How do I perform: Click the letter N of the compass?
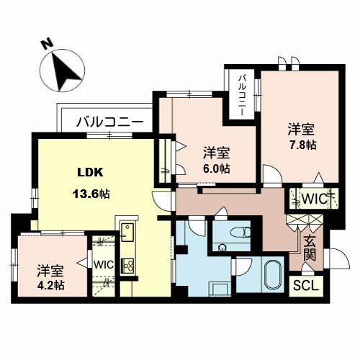(x=48, y=45)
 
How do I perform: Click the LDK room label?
(x=90, y=172)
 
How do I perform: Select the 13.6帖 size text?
(x=91, y=194)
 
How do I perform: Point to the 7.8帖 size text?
(x=303, y=145)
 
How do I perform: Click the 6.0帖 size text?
(x=217, y=168)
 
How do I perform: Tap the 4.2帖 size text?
(x=50, y=285)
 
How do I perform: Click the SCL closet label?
(x=306, y=286)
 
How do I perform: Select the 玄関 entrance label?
(x=309, y=248)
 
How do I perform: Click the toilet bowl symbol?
(x=240, y=232)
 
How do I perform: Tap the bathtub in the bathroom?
(x=274, y=274)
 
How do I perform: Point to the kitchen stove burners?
(x=127, y=266)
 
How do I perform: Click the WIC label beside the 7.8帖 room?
(x=315, y=199)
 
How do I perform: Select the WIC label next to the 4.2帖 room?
(x=104, y=265)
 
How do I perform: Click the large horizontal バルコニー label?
(x=109, y=122)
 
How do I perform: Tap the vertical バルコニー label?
(x=242, y=95)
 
